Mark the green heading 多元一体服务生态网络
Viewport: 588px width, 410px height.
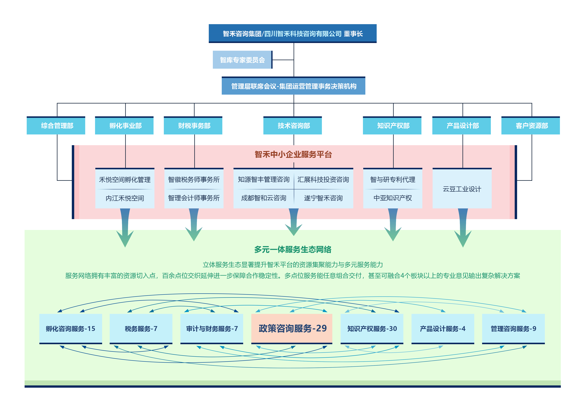(293, 249)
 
